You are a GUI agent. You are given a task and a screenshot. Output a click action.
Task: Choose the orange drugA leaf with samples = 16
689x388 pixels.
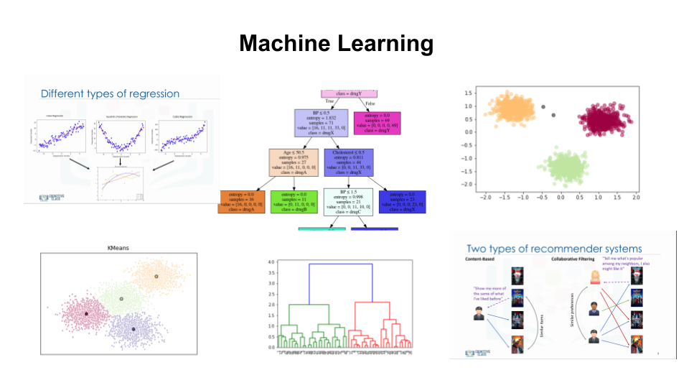pos(243,202)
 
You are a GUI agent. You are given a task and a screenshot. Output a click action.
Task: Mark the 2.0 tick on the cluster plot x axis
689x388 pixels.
pos(634,197)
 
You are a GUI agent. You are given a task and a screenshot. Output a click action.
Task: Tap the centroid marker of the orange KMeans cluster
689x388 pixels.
pos(156,276)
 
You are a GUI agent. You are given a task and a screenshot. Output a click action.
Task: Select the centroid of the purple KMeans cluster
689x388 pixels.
pos(133,329)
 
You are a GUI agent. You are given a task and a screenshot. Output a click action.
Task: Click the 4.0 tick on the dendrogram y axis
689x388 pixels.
pos(271,264)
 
